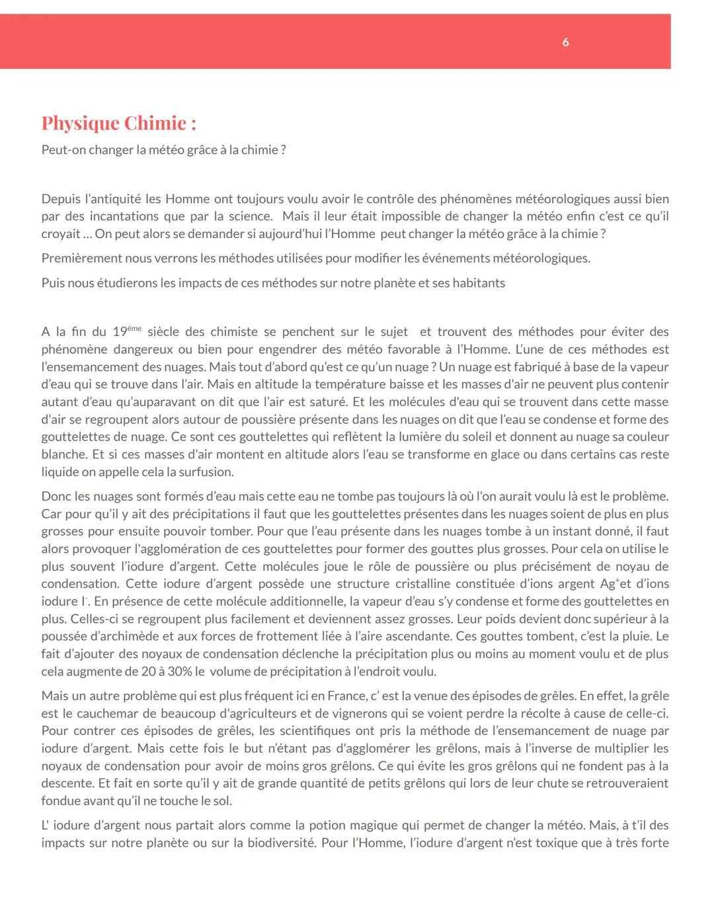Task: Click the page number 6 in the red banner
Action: coord(565,42)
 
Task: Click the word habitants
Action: coord(479,283)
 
